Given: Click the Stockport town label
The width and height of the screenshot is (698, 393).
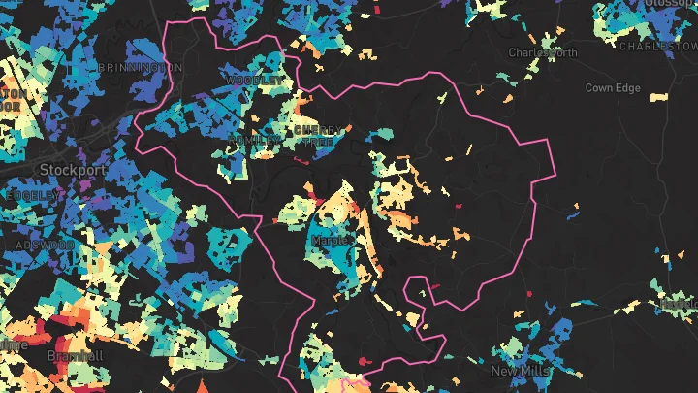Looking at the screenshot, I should tap(72, 169).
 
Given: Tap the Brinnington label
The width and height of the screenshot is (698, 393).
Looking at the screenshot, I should tap(141, 67).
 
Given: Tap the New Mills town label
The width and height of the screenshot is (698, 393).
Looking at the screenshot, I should tap(520, 371).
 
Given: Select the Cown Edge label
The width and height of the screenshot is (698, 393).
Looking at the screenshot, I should tap(612, 88).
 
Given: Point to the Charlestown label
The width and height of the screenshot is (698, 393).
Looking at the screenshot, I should tap(657, 46).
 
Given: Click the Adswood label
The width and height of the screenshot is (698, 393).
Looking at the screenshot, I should tap(43, 245).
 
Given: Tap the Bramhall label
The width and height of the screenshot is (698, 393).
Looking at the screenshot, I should tap(75, 356).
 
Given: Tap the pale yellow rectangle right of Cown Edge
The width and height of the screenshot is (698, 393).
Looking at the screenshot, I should tap(658, 98).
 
